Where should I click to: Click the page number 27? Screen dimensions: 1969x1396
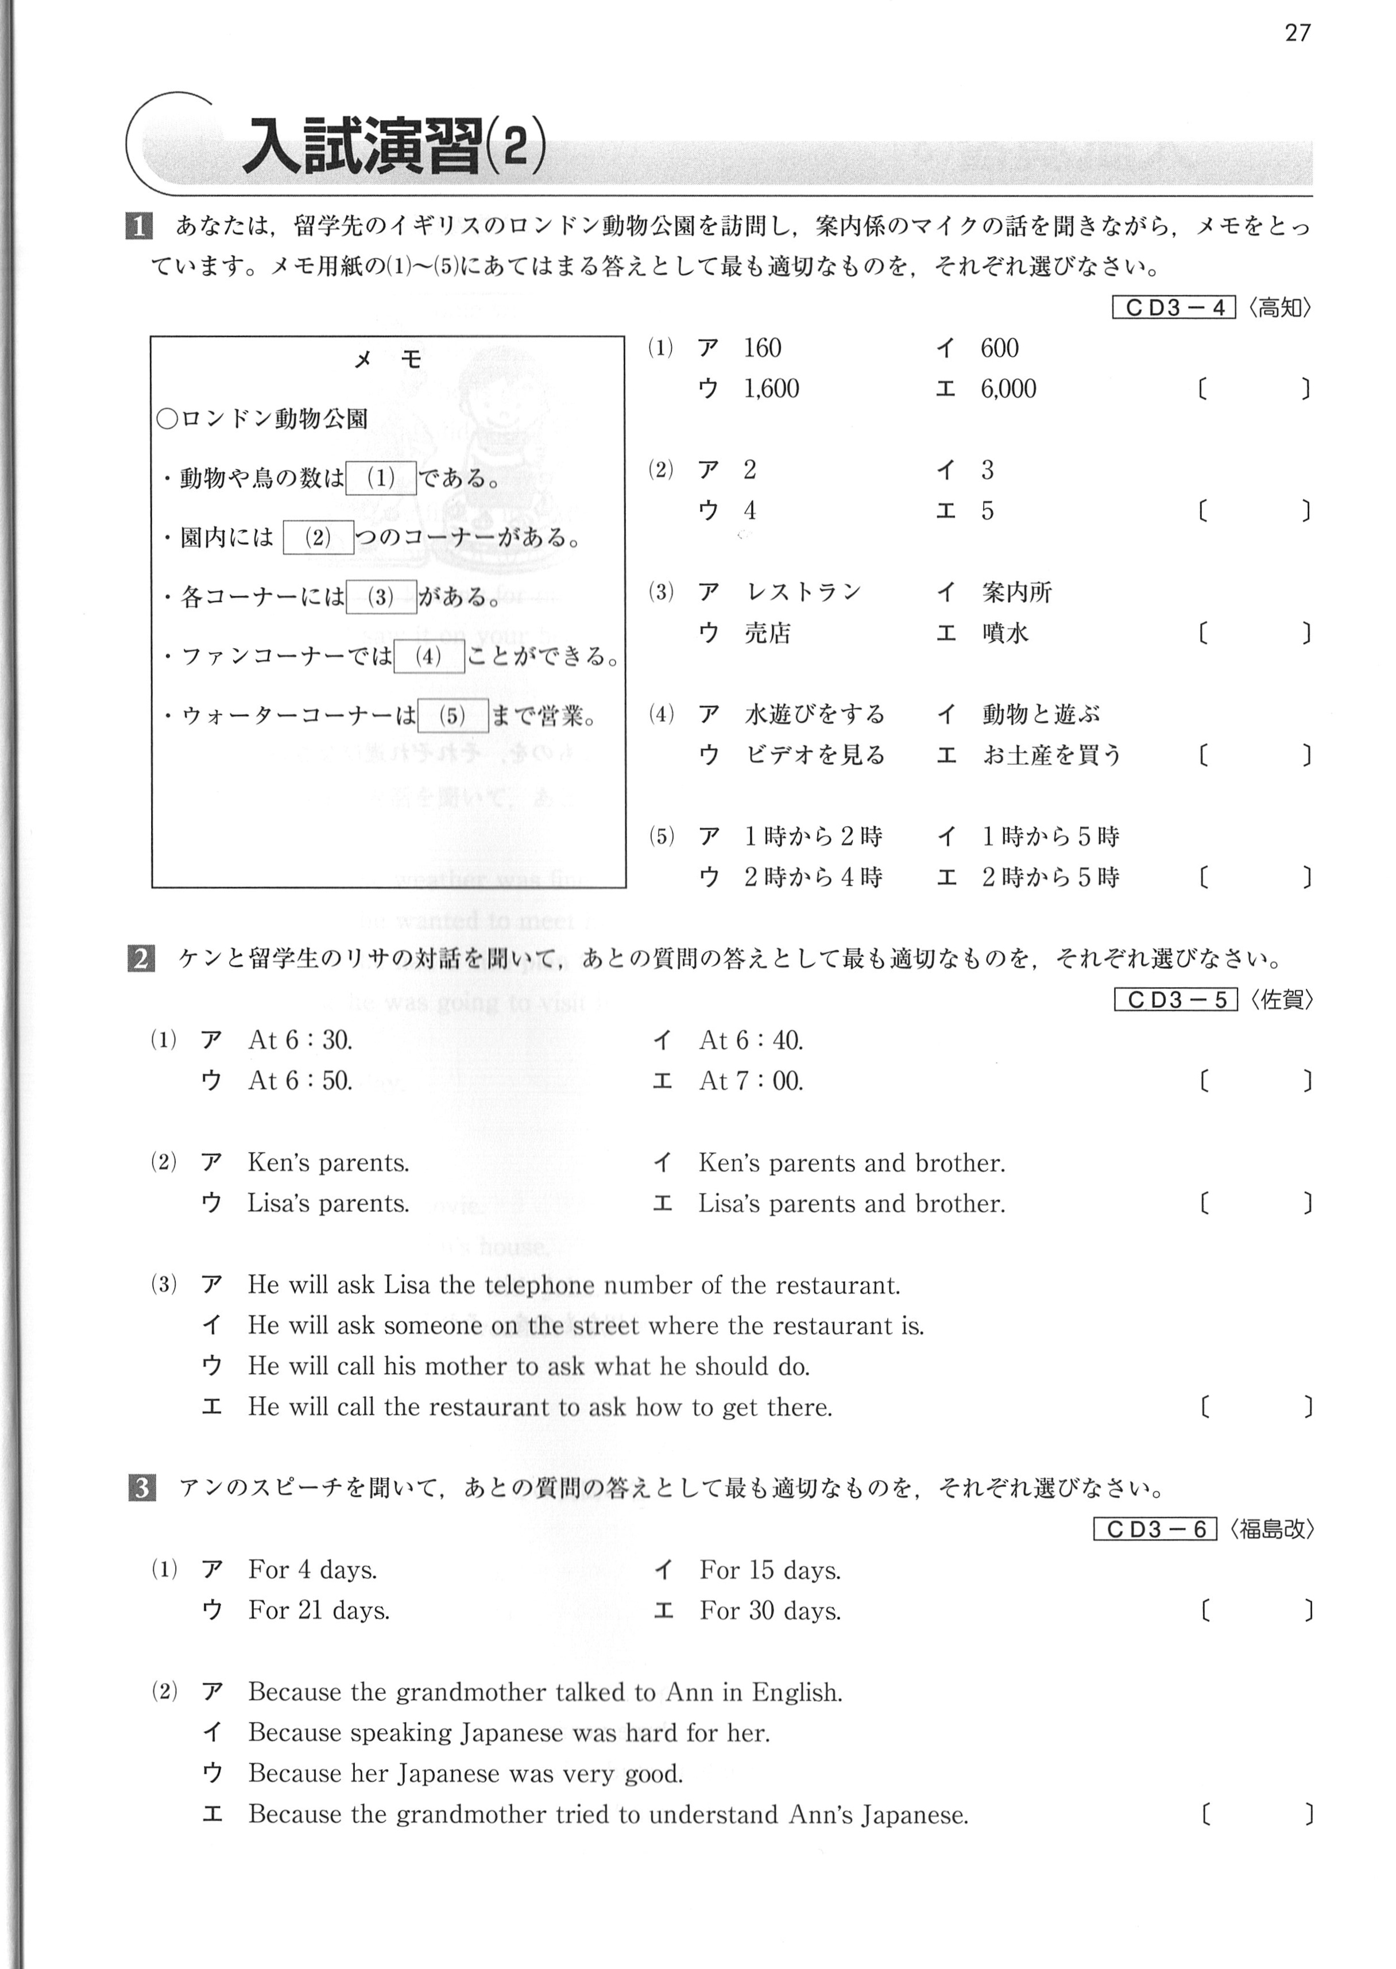[x=1297, y=33]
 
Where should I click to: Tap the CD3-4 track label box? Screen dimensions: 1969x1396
[x=1173, y=308]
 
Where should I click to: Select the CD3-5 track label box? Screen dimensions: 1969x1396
[x=1175, y=999]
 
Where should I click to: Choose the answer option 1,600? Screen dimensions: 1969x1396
[x=771, y=388]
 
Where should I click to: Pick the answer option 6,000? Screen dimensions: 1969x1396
[x=1008, y=388]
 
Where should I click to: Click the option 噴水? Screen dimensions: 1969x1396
[x=1005, y=634]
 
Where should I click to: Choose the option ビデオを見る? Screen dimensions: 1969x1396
[x=814, y=755]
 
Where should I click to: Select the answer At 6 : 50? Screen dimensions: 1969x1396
[x=300, y=1081]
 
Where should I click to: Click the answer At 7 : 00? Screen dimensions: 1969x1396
[x=751, y=1081]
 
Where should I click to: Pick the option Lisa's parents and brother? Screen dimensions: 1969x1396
[x=851, y=1203]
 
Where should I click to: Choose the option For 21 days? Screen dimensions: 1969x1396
[x=319, y=1610]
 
